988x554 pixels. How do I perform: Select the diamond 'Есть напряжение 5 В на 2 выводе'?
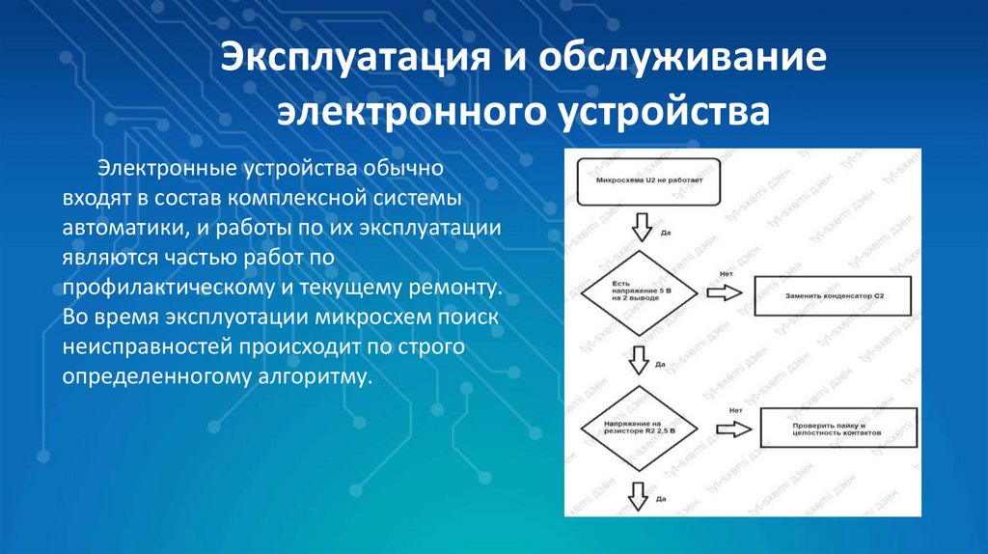[638, 291]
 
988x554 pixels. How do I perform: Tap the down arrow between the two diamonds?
[639, 359]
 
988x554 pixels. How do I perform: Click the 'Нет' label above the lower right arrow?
[736, 408]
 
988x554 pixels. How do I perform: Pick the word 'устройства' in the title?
[662, 112]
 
